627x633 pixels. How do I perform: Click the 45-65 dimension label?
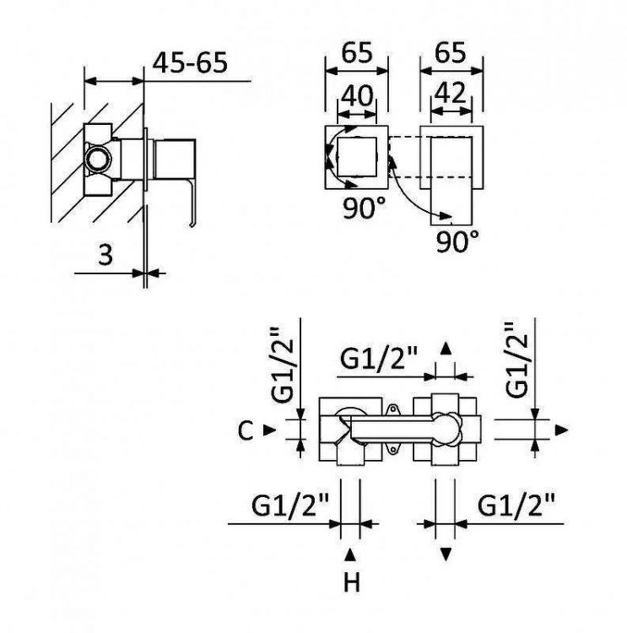coord(191,62)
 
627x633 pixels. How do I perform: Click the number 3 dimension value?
coord(105,254)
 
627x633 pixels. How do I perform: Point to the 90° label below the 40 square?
coord(365,208)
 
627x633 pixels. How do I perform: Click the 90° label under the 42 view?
coord(457,243)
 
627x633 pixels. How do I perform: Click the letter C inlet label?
coord(245,430)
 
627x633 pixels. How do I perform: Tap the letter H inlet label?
coord(351,582)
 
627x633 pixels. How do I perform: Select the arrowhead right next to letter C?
coord(268,430)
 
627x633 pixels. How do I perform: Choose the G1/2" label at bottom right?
coord(517,506)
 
